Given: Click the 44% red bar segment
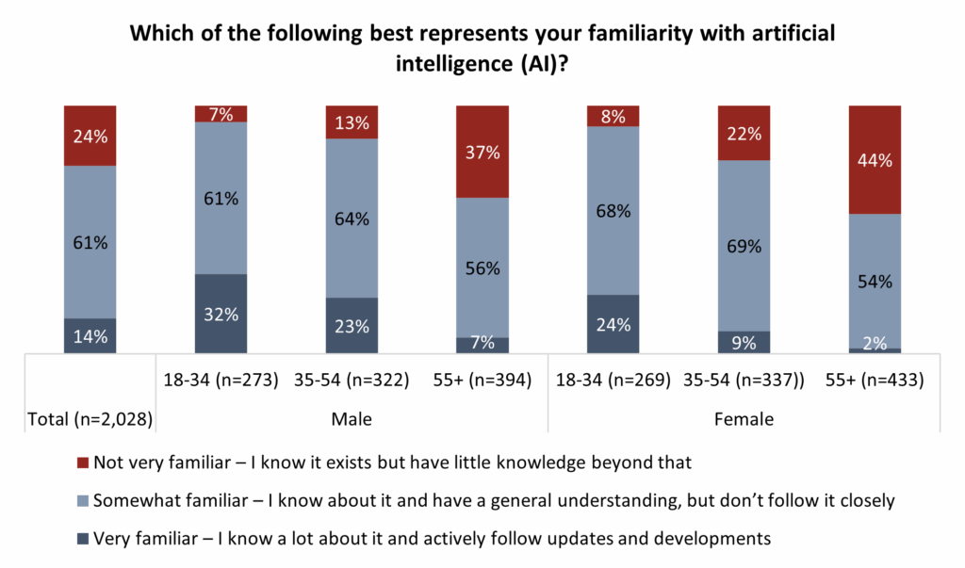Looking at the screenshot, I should point(875,159).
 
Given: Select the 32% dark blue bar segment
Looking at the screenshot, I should point(221,314).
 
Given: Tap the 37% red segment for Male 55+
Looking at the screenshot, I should point(482,151).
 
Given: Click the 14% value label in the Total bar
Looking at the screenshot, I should point(90,336).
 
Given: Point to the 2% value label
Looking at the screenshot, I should point(875,343).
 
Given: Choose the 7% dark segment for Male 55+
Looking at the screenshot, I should point(482,346).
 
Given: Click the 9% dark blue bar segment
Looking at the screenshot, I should point(744,342).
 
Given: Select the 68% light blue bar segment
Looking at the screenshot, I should point(613,210).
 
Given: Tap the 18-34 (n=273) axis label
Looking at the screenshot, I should point(221,381).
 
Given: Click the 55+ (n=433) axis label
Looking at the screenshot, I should point(875,381).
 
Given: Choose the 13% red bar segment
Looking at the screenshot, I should point(351,122).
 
